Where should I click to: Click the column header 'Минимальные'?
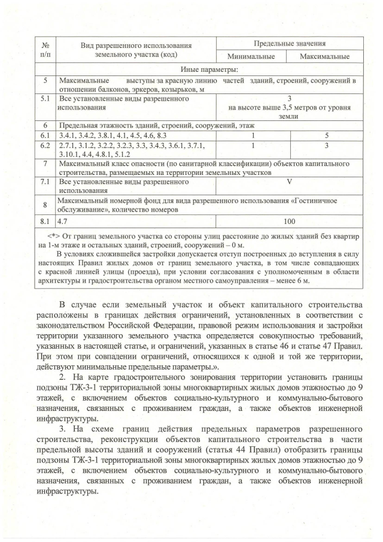coord(253,57)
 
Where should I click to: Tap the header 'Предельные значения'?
coord(290,44)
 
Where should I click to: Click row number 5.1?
coord(45,97)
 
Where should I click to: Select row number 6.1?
coord(45,136)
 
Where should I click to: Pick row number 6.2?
coord(45,146)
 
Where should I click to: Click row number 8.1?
coord(45,221)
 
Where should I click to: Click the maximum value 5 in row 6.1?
coord(327,136)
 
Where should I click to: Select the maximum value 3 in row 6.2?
coord(327,146)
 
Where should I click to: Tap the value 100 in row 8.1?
coord(289,221)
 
